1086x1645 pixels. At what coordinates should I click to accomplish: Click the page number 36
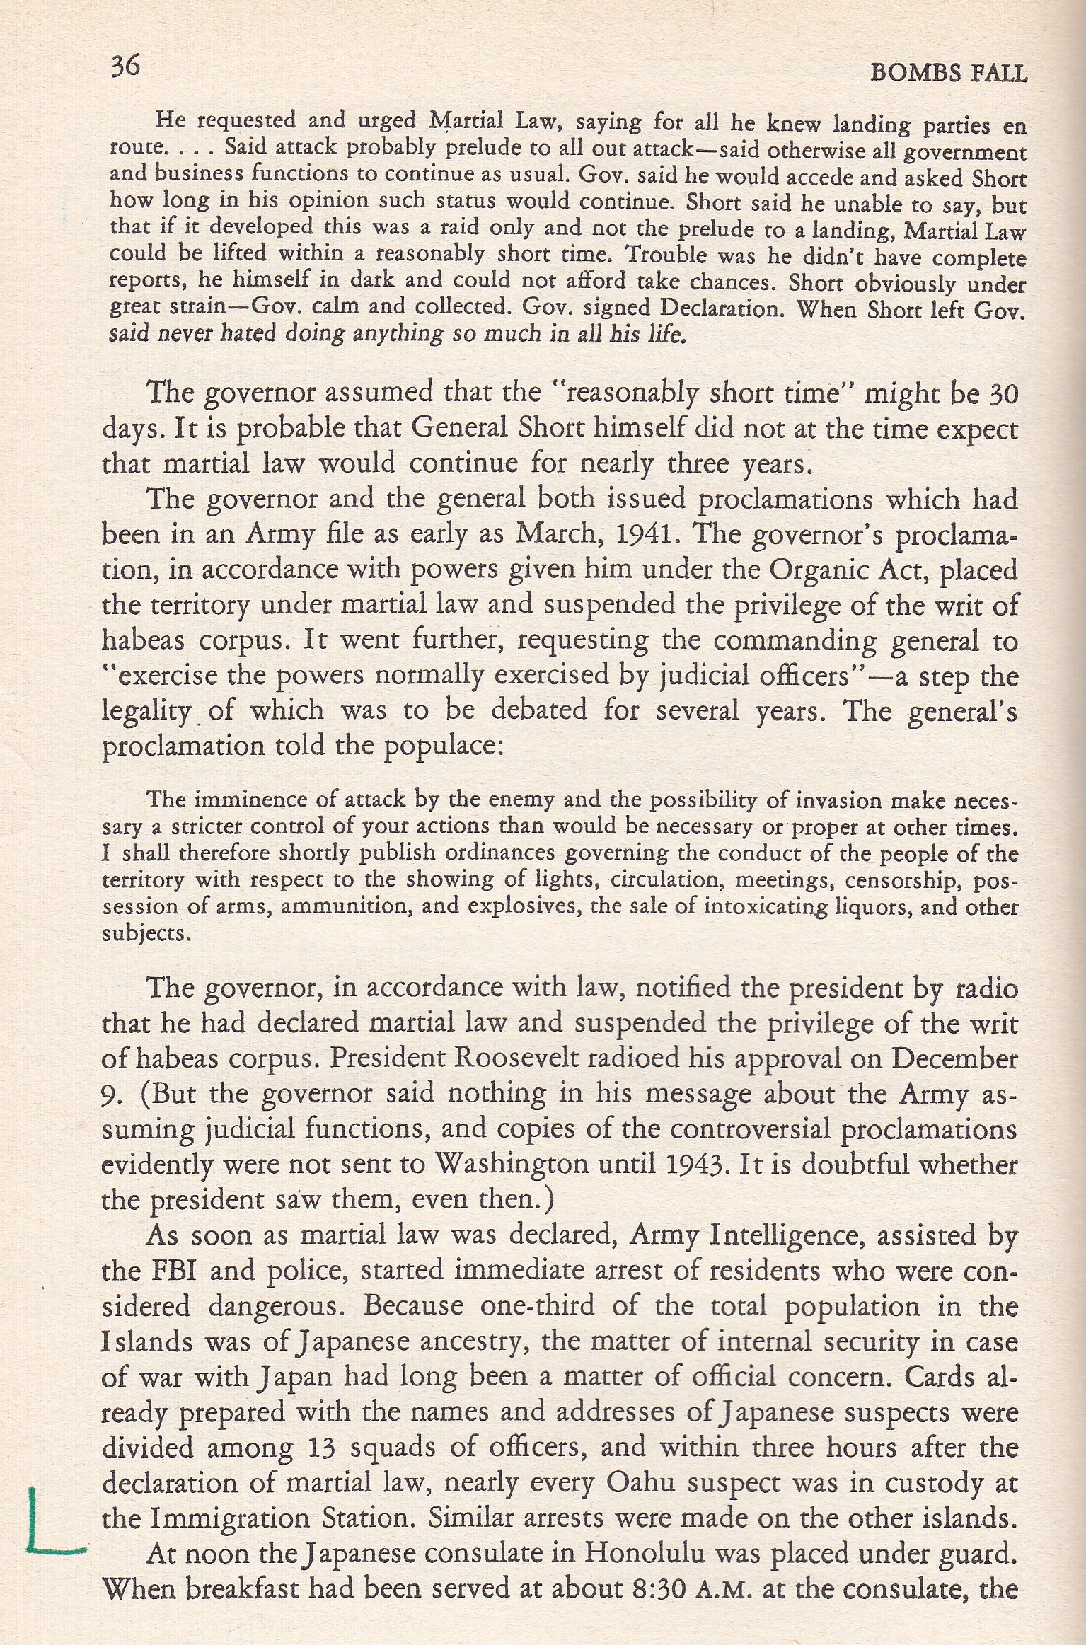point(125,67)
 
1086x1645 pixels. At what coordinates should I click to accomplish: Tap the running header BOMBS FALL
point(949,73)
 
